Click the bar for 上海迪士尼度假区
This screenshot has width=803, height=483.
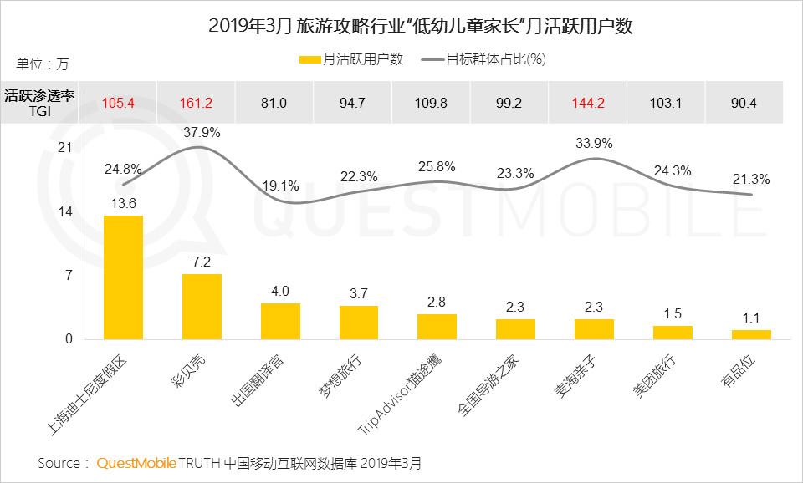click(x=123, y=277)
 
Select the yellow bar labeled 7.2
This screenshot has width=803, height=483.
click(x=202, y=307)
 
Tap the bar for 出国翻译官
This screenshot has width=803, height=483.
click(x=280, y=321)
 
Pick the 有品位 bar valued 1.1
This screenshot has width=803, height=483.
click(x=751, y=334)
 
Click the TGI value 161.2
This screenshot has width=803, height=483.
click(x=196, y=103)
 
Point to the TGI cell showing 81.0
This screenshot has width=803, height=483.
click(x=274, y=103)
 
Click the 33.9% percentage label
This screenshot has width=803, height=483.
click(x=591, y=142)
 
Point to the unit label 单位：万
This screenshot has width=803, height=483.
click(x=43, y=64)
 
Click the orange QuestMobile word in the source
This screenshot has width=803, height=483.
click(x=136, y=462)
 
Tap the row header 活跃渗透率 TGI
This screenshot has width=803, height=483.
click(x=40, y=103)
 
